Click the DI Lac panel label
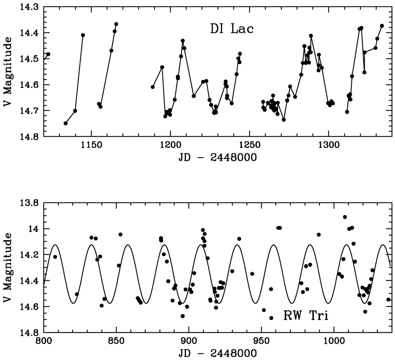(x=232, y=29)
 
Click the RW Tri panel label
(x=306, y=316)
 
